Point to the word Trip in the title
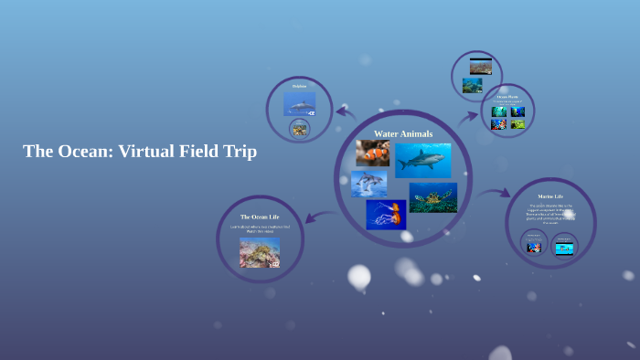(237, 152)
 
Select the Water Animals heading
(403, 133)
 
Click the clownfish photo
(373, 154)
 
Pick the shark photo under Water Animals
(422, 160)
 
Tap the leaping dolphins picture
(368, 184)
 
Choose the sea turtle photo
(432, 197)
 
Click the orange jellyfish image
(386, 214)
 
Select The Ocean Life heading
(260, 217)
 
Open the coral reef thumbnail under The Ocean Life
(260, 252)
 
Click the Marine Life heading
(550, 196)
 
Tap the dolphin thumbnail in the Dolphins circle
(299, 103)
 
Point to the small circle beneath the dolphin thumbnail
(299, 130)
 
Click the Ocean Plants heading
(507, 96)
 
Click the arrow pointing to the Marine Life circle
(495, 193)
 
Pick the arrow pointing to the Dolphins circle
(346, 112)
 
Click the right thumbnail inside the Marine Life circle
(564, 247)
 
